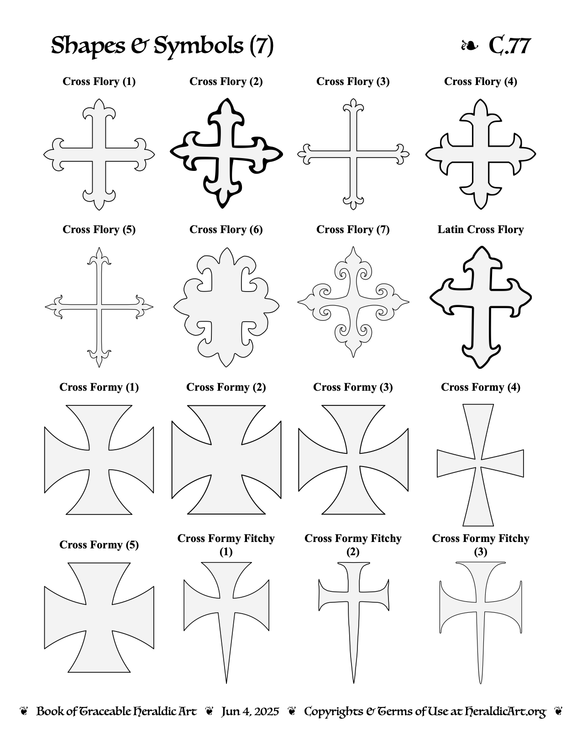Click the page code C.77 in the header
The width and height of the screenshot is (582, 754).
(x=509, y=45)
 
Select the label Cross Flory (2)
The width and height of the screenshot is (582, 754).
(x=226, y=81)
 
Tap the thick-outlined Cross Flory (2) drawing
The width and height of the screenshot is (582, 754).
(x=226, y=154)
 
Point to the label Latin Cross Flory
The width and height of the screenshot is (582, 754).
(x=481, y=229)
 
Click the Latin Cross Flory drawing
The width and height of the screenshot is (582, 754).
(x=481, y=307)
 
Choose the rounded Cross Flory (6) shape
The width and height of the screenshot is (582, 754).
(x=226, y=307)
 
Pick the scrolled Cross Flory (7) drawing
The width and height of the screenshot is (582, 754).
(x=353, y=302)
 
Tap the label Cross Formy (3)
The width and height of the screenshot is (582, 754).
(x=353, y=387)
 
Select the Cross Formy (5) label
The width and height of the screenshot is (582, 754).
(x=99, y=544)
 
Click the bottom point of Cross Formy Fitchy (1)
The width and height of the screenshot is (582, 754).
(x=226, y=683)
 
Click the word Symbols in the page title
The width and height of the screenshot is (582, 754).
(x=198, y=45)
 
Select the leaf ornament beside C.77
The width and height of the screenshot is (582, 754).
(x=469, y=45)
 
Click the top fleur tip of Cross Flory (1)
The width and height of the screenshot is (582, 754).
(x=99, y=99)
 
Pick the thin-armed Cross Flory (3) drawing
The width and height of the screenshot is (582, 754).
(x=353, y=154)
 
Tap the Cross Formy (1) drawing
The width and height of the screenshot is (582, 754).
(x=99, y=459)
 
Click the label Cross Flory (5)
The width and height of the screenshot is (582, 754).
(x=99, y=229)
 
